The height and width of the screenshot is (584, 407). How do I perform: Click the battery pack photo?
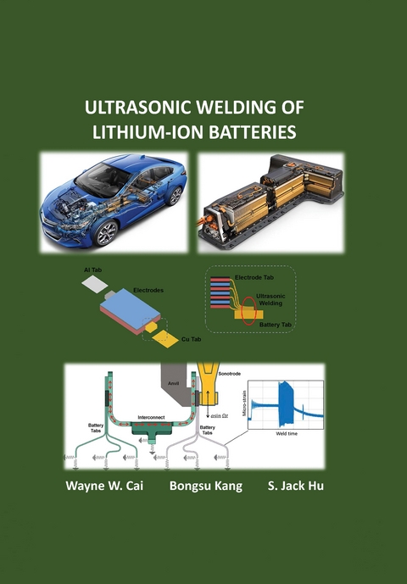269,202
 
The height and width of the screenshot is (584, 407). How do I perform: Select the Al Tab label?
93,270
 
